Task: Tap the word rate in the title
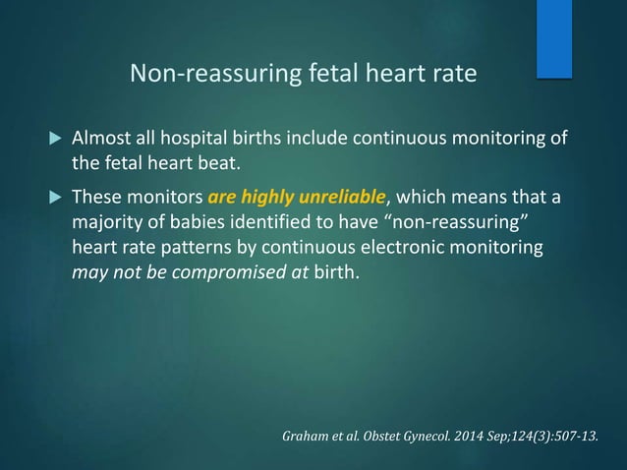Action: [454, 74]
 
